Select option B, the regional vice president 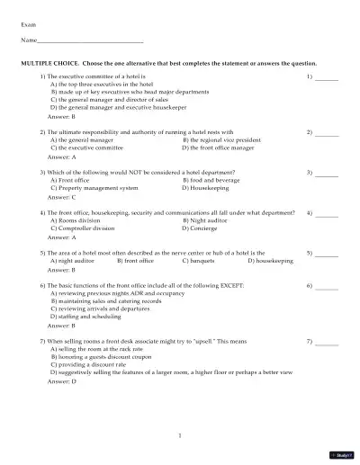(221, 140)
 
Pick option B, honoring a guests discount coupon (103, 357)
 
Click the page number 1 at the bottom (180, 435)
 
